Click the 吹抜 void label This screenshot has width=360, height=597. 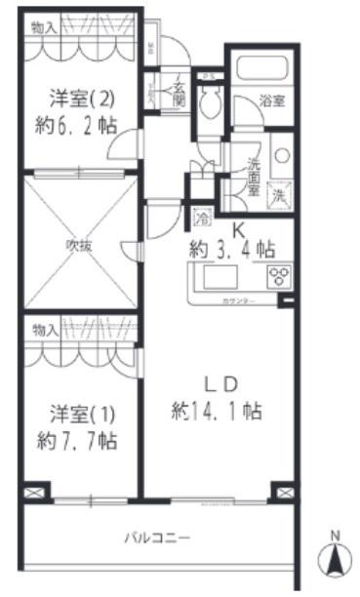[78, 245]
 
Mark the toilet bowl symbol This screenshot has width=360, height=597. [210, 100]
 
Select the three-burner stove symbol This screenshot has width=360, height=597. [279, 276]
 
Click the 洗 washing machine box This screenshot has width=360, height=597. [278, 193]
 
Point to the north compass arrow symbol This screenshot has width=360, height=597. [335, 559]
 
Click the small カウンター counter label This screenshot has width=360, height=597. [239, 300]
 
